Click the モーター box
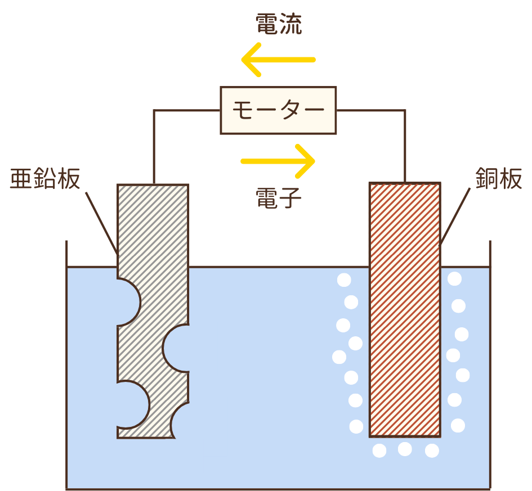click(278, 110)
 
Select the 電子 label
click(278, 198)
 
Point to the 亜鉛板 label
click(45, 179)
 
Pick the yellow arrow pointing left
click(278, 59)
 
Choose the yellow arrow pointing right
click(278, 161)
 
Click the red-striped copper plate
click(404, 309)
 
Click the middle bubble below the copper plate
click(405, 449)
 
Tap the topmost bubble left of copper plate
click(343, 280)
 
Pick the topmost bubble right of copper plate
click(454, 278)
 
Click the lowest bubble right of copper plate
click(458, 425)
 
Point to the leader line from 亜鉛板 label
click(101, 222)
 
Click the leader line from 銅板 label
click(455, 217)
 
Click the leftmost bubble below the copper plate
click(379, 451)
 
